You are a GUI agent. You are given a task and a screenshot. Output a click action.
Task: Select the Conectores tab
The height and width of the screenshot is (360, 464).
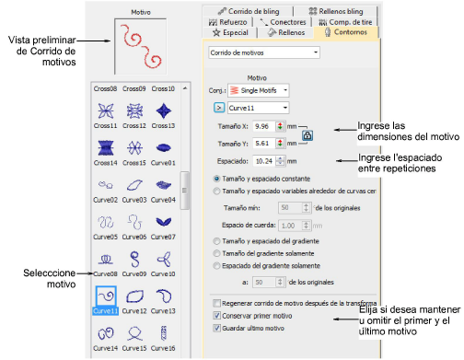pyautogui.click(x=277, y=20)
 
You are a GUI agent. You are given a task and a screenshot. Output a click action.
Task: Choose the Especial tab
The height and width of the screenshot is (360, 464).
pyautogui.click(x=228, y=32)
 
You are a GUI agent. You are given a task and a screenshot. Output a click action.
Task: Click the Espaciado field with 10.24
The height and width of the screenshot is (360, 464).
pyautogui.click(x=264, y=161)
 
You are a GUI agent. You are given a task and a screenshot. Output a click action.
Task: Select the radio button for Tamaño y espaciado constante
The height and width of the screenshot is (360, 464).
pyautogui.click(x=216, y=178)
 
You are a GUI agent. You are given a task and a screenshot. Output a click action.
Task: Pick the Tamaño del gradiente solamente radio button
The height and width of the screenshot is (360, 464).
pyautogui.click(x=216, y=251)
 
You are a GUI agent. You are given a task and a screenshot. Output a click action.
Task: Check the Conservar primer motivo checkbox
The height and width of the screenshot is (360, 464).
pyautogui.click(x=216, y=315)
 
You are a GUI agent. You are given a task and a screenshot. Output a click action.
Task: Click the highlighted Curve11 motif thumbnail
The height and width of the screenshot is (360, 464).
pyautogui.click(x=105, y=297)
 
